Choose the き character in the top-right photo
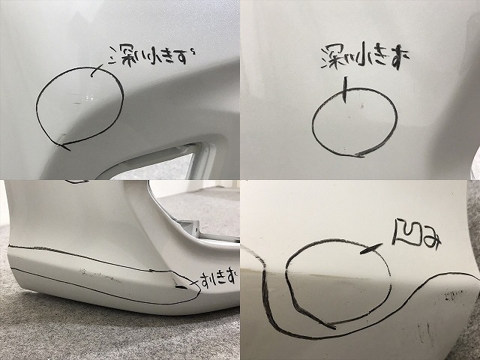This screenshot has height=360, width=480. [367, 56]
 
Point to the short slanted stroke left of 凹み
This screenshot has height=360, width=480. [368, 251]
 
